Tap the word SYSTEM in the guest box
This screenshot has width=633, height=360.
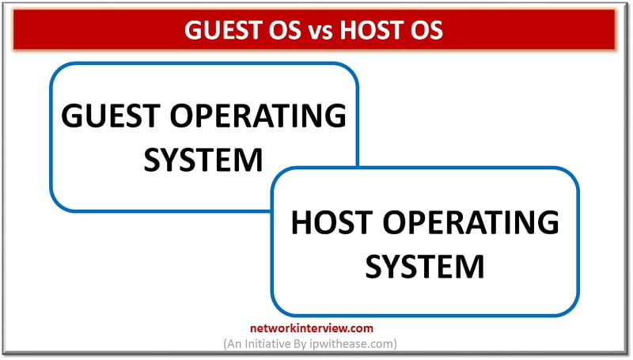[204, 159]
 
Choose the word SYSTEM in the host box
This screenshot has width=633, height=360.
[425, 266]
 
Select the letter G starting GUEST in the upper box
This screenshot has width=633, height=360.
[73, 117]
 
